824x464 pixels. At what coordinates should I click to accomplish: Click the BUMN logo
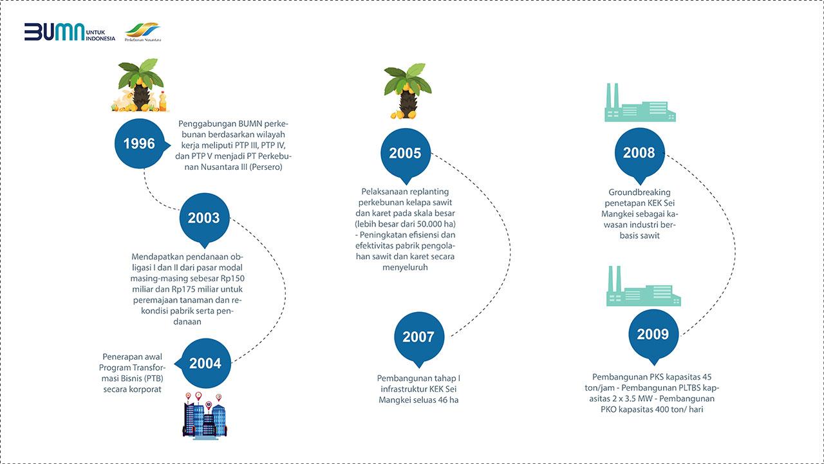[x=70, y=32]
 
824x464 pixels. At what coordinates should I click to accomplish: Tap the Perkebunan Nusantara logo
[x=143, y=32]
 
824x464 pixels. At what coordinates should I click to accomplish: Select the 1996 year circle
[x=140, y=144]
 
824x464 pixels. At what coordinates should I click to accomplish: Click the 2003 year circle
[x=204, y=218]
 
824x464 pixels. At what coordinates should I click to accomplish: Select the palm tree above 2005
[x=407, y=91]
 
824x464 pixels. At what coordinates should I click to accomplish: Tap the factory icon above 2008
[x=640, y=102]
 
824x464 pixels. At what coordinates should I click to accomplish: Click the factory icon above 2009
[x=643, y=286]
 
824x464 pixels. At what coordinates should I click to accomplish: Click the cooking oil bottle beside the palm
[x=163, y=102]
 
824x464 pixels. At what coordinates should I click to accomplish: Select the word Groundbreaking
[x=639, y=192]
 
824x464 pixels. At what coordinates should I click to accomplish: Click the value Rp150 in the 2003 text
[x=232, y=278]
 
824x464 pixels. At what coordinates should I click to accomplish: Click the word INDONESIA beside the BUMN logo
[x=100, y=39]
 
